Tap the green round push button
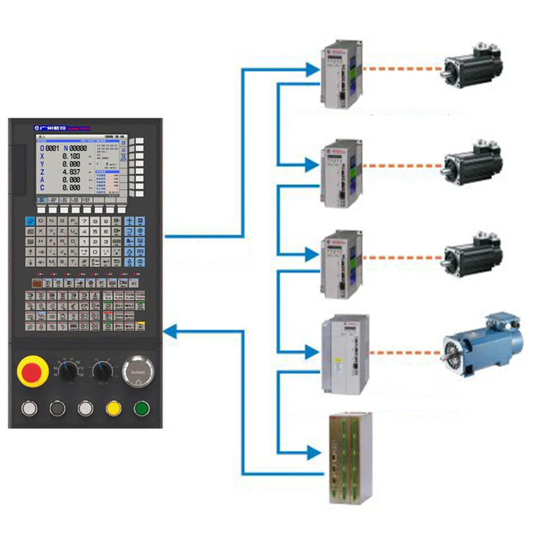142,409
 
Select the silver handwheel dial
138,371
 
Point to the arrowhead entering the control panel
170,332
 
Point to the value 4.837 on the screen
71,172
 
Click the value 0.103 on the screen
71,156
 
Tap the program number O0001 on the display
49,148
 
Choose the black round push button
57,409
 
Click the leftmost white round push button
29,409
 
